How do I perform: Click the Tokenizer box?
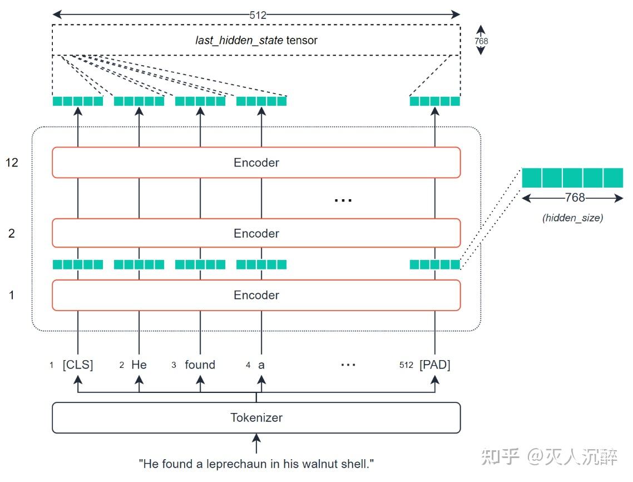256,417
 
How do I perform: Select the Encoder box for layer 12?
256,163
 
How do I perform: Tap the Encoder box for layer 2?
256,233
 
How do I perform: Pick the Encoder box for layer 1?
256,295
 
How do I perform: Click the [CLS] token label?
78,365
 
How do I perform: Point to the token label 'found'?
200,365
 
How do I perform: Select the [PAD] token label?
434,365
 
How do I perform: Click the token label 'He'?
139,365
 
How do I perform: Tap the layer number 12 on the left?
12,163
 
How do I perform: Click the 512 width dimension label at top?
258,15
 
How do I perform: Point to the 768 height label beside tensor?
481,41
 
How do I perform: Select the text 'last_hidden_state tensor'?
256,41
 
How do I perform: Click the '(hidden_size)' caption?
572,218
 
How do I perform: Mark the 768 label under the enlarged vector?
575,198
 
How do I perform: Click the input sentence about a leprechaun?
256,463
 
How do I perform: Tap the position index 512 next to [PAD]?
406,366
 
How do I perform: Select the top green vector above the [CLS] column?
78,101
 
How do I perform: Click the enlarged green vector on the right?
572,178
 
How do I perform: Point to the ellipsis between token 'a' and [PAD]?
348,365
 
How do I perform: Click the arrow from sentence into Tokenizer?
256,444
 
